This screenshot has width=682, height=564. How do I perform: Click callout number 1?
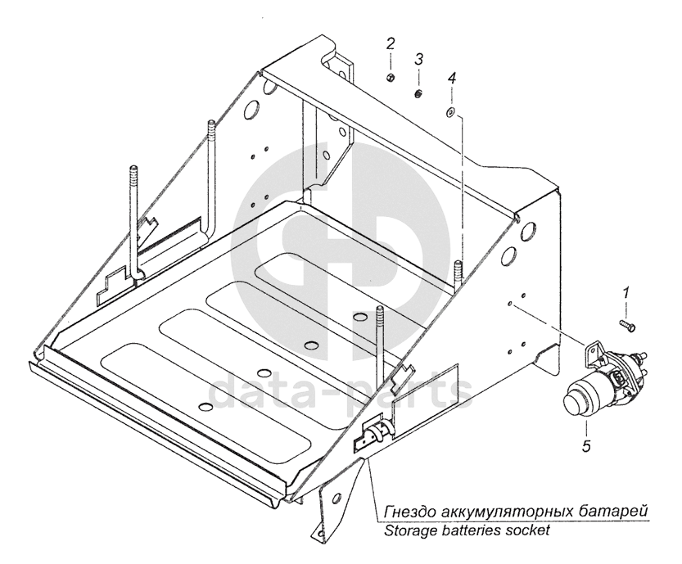627,292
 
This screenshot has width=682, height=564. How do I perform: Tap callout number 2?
391,43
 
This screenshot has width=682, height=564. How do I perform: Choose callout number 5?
585,446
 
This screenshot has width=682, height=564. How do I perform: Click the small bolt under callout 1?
627,326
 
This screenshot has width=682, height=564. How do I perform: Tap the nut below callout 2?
391,77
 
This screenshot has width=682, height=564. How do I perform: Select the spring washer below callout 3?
418,93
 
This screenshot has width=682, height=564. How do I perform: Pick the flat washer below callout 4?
449,111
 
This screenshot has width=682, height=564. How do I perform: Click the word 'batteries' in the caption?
469,530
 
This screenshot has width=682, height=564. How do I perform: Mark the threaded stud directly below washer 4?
458,270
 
